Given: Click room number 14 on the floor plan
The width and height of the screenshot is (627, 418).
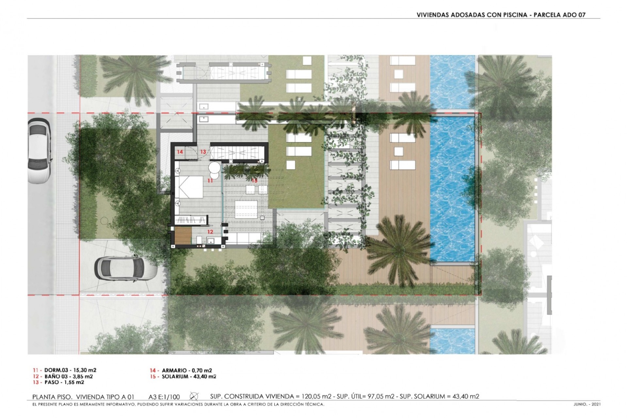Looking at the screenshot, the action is click(180, 152).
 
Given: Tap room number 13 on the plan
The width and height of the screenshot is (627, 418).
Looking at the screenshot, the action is click(203, 152).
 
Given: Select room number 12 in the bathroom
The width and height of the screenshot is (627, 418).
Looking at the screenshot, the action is click(210, 232).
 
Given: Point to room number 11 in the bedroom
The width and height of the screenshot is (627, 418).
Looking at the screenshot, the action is click(210, 181).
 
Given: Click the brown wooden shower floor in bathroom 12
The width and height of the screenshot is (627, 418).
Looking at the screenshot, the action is click(183, 236).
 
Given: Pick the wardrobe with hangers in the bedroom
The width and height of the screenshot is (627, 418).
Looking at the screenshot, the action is click(191, 220).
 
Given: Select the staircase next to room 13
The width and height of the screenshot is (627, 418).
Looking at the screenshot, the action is click(237, 152).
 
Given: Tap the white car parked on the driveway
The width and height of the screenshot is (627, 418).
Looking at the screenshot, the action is click(126, 268).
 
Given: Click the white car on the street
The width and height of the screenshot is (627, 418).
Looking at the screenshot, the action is click(40, 151).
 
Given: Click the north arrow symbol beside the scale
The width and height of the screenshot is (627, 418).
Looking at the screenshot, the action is click(194, 396).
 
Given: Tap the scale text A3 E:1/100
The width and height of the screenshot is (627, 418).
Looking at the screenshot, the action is click(164, 397).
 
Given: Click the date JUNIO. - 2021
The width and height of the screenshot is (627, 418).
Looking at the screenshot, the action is click(587, 404).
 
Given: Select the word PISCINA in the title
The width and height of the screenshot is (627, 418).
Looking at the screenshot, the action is click(514, 15).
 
